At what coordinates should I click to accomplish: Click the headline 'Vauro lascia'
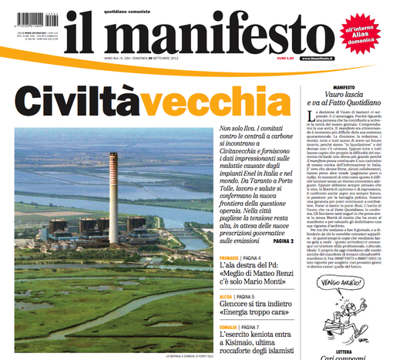point(345,96)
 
